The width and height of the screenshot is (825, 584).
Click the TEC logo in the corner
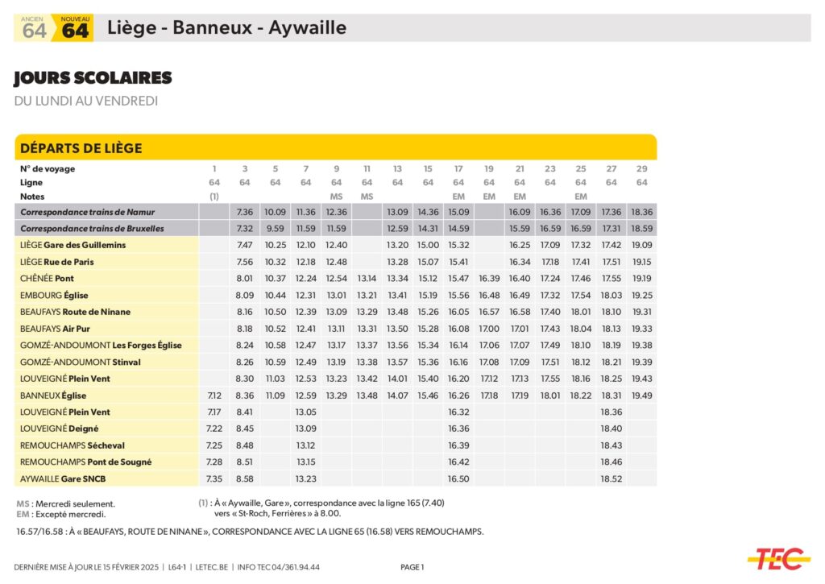coord(778,557)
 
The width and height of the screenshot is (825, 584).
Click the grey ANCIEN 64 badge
coord(34,29)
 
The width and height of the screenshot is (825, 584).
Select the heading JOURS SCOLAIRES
coord(93,78)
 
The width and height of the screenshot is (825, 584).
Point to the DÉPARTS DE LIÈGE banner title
coord(81,148)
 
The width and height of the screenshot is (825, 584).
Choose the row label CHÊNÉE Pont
coord(48,278)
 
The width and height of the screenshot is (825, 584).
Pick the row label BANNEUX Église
coord(53,396)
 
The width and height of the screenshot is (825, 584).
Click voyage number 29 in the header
coord(642,169)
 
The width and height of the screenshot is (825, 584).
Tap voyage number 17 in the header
coord(458,169)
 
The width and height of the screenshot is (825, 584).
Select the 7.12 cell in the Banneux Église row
coord(214,396)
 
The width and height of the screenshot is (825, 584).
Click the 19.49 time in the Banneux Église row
coord(642,396)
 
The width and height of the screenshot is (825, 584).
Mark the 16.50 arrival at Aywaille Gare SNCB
coord(458,478)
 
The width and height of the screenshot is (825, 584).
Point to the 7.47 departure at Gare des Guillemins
coord(245,245)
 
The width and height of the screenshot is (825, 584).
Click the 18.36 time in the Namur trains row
coord(642,212)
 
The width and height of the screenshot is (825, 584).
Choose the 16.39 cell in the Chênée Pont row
coord(489,278)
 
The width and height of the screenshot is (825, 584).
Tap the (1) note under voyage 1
coord(214,197)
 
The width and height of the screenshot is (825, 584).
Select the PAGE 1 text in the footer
coord(412,567)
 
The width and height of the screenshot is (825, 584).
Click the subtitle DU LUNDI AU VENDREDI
coord(86,101)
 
